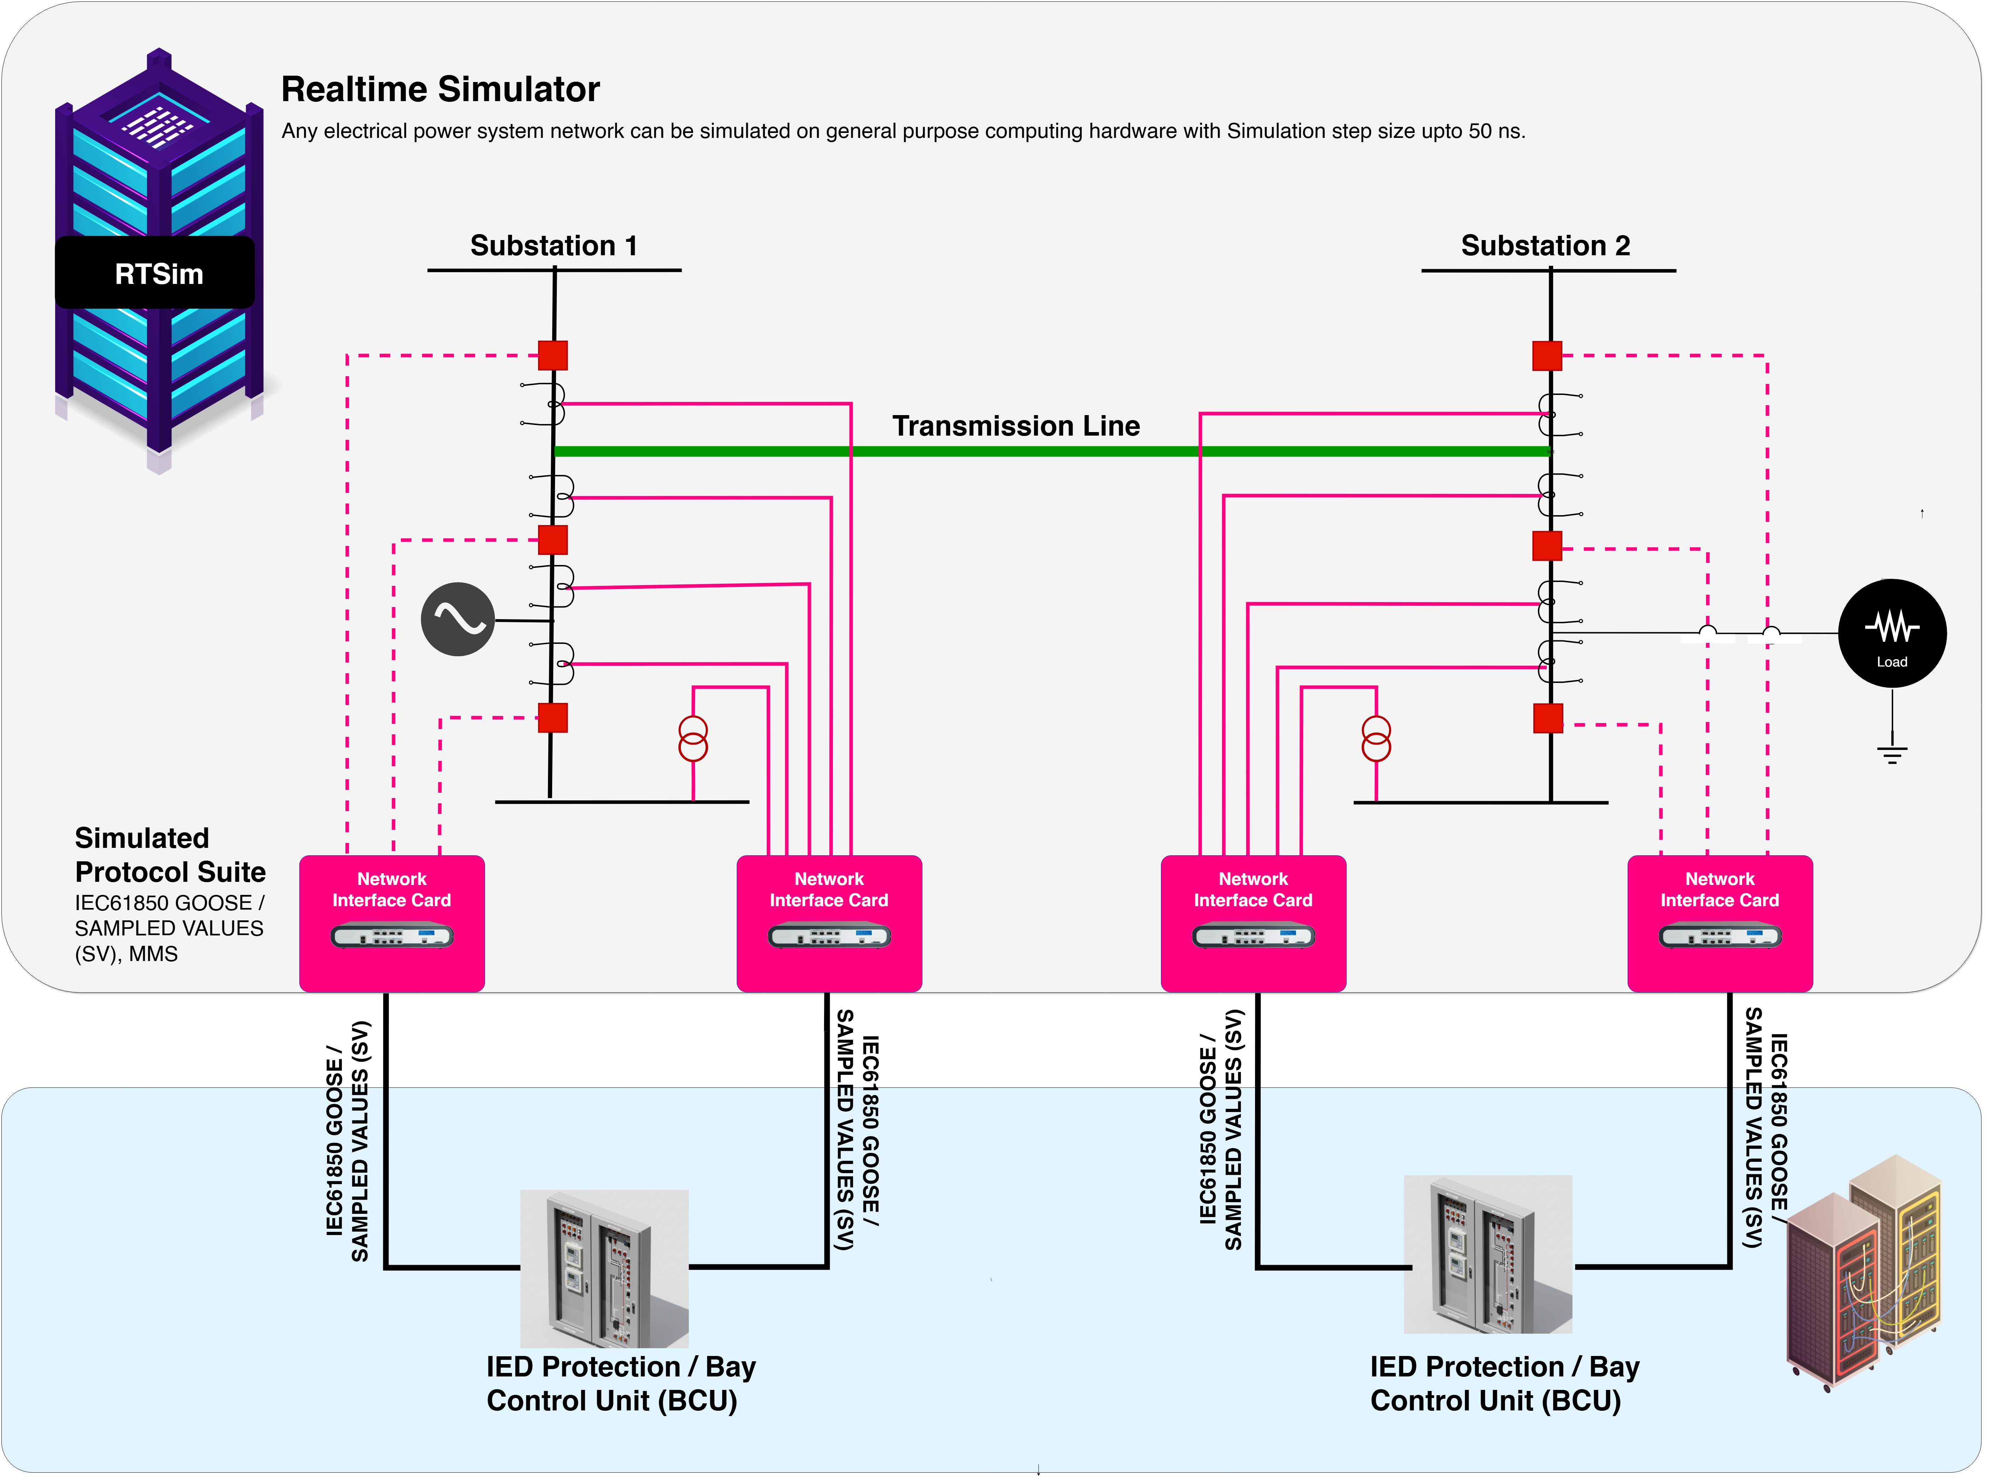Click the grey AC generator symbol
click(457, 619)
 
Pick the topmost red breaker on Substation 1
click(552, 355)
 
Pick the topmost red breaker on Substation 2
click(1547, 355)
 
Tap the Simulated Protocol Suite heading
click(170, 855)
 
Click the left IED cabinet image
click(604, 1269)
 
